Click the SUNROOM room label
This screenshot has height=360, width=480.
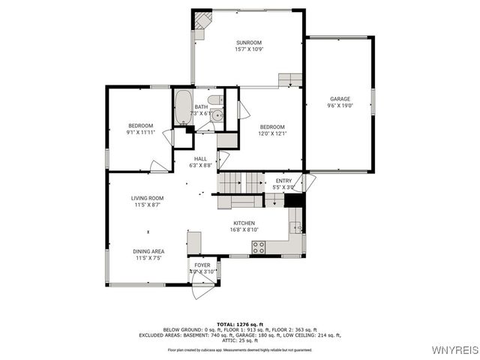pos(249,42)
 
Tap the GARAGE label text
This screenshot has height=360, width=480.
pos(340,98)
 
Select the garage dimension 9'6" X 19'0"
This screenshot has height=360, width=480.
pos(340,106)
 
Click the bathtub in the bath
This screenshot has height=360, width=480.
pos(183,107)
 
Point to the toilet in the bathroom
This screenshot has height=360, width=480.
pos(214,100)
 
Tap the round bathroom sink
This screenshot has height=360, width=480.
pos(216,115)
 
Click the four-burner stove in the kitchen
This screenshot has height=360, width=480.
pos(259,248)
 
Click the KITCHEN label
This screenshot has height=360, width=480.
pos(244,223)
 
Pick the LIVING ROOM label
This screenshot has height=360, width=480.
pos(148,198)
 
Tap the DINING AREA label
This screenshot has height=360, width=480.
pos(149,251)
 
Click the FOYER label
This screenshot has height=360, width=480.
pos(202,265)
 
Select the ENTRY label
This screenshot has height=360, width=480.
pos(283,181)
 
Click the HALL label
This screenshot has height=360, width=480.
pos(200,158)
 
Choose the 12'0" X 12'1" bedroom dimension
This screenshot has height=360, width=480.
pos(272,133)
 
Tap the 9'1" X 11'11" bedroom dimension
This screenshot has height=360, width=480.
pos(140,132)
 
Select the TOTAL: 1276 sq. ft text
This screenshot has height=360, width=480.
pos(240,323)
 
